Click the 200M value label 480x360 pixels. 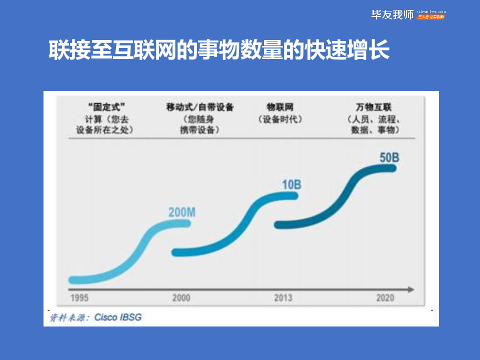click(181, 212)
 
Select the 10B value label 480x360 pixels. click(291, 185)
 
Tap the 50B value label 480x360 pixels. click(389, 157)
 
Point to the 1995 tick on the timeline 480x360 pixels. click(79, 298)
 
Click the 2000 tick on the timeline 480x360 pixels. click(181, 298)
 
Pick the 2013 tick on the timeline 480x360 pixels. click(283, 298)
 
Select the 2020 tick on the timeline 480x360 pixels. click(385, 298)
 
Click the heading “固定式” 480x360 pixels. click(105, 107)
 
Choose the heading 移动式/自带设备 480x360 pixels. click(200, 107)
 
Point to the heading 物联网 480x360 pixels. click(280, 107)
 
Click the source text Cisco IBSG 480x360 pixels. click(118, 317)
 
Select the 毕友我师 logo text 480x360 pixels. click(392, 14)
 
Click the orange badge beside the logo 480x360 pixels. click(430, 17)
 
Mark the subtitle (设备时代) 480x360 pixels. click(280, 119)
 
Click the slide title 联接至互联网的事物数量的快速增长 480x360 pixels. click(218, 50)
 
